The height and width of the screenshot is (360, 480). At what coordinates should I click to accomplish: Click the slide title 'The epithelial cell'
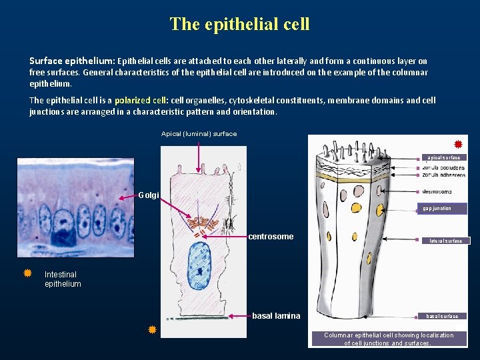(239, 24)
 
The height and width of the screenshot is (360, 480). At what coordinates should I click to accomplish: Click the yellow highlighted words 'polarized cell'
(141, 101)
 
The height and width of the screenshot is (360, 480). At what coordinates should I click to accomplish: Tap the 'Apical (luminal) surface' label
(199, 134)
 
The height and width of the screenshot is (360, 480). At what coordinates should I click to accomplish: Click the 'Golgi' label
(149, 195)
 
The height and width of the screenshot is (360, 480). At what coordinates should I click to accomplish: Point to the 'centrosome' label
(271, 237)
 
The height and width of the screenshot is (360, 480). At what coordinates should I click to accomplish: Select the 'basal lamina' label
(276, 315)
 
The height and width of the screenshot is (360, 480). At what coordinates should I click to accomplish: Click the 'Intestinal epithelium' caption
(63, 279)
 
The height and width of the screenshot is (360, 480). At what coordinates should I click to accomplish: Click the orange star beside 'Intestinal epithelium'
(27, 273)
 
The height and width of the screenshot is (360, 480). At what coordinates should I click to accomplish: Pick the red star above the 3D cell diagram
(458, 144)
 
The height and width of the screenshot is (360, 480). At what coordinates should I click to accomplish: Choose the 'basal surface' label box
(443, 316)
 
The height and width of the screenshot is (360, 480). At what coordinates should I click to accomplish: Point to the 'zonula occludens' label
(443, 167)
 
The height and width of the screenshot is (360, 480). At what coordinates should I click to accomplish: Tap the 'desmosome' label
(437, 191)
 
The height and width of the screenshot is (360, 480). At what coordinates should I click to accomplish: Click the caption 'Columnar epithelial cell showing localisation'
(389, 335)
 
